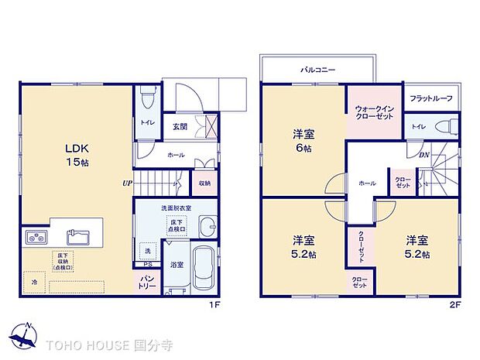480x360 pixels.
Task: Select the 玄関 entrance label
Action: pos(180,125)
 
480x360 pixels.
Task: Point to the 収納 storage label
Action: pos(204,183)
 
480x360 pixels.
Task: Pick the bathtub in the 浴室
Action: pos(204,267)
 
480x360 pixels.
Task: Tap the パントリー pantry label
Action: pos(147,283)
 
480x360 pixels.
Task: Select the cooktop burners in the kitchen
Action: pos(36,237)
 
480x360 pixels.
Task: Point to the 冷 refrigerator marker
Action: pos(34,283)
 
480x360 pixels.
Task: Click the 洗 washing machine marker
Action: pos(147,252)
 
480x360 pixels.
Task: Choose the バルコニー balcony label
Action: pos(317,70)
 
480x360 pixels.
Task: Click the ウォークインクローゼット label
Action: pos(374,111)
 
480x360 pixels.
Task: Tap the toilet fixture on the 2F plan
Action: pos(443,127)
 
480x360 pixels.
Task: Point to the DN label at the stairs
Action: pos(424,155)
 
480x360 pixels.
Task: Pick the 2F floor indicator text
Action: pos(455,304)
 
